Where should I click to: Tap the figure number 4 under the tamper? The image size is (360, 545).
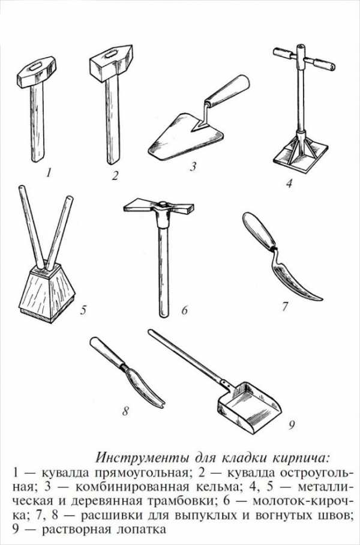[x=289, y=182]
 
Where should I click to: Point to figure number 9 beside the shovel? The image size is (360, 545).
[x=292, y=425]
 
